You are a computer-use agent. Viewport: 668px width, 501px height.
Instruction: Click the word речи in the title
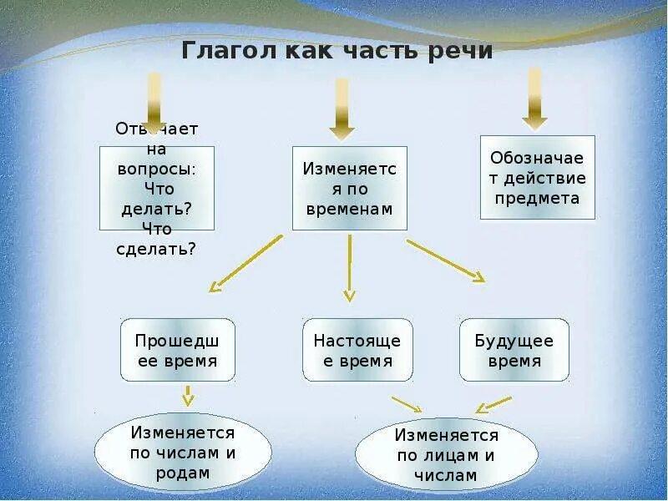tap(458, 51)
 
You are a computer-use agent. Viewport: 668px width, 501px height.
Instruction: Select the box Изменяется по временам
tap(349, 189)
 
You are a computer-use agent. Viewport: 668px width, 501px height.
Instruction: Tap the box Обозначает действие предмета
tap(538, 178)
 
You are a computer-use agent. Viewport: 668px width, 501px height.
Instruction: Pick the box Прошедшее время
tap(177, 350)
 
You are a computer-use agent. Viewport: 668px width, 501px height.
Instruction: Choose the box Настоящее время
tap(357, 350)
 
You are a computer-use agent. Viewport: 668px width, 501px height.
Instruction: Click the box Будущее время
tap(514, 350)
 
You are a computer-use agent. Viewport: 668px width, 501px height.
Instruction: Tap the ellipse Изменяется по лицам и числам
tap(447, 456)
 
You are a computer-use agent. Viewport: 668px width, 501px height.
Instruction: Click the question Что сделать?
tap(157, 249)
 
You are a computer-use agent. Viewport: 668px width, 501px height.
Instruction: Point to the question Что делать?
tap(157, 209)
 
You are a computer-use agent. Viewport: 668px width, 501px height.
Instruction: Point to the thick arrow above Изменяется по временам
tap(342, 109)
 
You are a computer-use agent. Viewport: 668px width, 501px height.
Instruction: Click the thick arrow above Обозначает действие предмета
tap(534, 99)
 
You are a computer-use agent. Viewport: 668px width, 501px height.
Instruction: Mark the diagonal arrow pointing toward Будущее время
tap(445, 261)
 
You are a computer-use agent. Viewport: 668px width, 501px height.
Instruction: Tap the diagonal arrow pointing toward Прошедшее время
tap(245, 263)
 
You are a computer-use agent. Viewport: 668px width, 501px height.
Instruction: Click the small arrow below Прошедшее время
tap(188, 396)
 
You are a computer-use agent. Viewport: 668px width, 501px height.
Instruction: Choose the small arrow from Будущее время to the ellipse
tap(493, 405)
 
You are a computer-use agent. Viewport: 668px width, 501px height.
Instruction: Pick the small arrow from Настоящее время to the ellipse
tap(407, 404)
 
